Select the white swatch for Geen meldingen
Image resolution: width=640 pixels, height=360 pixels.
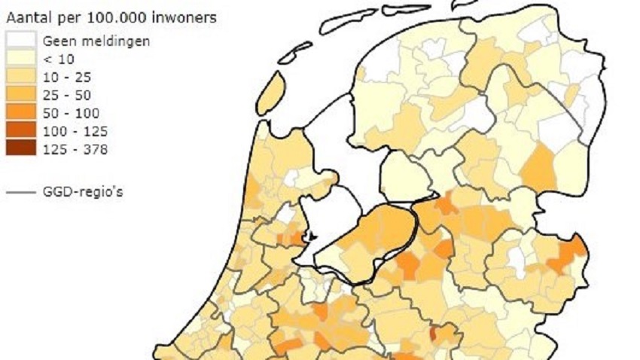pyautogui.click(x=20, y=41)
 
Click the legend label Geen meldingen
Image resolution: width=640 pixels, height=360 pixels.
pyautogui.click(x=96, y=41)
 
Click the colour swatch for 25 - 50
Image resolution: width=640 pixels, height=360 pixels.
pyautogui.click(x=20, y=95)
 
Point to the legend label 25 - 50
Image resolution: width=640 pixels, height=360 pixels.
pyautogui.click(x=68, y=95)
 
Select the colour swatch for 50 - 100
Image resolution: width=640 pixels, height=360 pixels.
pyautogui.click(x=20, y=113)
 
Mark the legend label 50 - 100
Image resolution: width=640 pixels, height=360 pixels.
pyautogui.click(x=71, y=113)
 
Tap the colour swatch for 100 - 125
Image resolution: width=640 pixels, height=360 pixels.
pyautogui.click(x=20, y=131)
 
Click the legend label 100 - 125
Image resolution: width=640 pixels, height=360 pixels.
pyautogui.click(x=74, y=131)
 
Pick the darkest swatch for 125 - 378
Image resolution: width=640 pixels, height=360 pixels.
pyautogui.click(x=20, y=149)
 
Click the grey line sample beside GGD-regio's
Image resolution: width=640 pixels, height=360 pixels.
pyautogui.click(x=20, y=192)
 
